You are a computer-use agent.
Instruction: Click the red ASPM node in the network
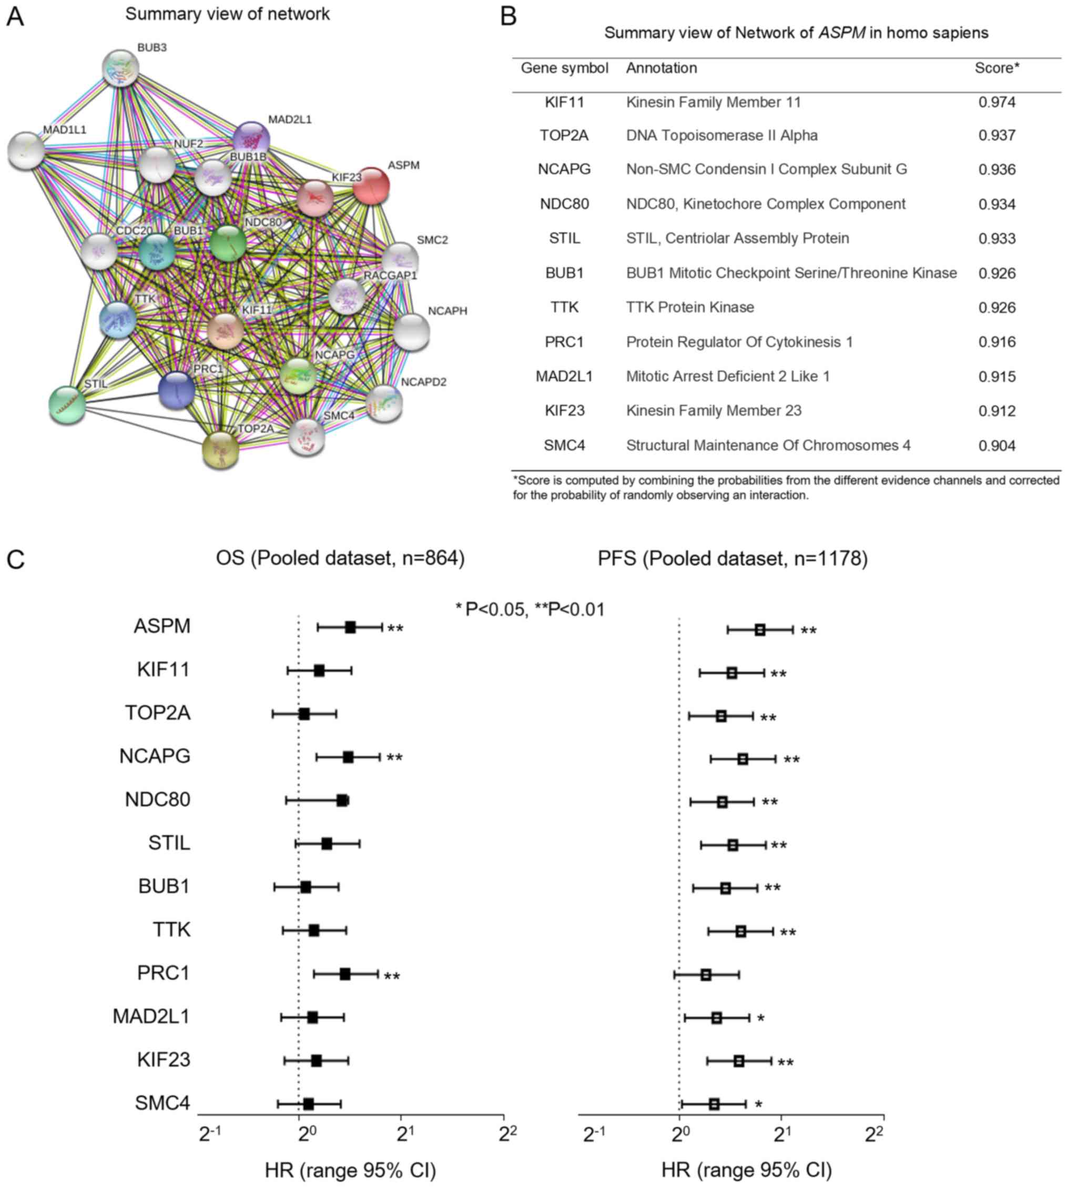pos(371,186)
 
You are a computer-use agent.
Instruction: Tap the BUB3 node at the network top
pos(120,67)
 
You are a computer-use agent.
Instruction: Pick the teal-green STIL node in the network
pos(67,405)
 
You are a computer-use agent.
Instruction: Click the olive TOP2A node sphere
pos(221,451)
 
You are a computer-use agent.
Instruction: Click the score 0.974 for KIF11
pos(996,103)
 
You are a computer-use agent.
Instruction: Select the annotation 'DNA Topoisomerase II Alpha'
pos(721,136)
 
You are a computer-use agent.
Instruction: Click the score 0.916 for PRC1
pos(996,342)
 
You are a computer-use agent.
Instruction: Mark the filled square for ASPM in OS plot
pos(350,627)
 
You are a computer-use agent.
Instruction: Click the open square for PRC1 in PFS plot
pos(706,975)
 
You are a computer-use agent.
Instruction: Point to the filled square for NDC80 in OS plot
pos(342,800)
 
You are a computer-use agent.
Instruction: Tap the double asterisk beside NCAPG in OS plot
pos(394,758)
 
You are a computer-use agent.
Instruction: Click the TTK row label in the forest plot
pos(171,930)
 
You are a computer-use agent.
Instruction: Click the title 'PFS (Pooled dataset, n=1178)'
pos(733,558)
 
